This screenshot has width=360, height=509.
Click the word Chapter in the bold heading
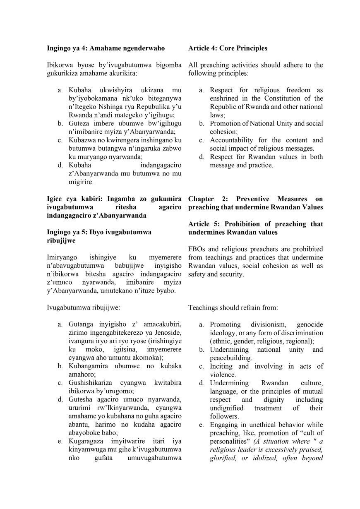(x=201, y=199)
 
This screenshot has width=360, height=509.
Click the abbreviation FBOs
(x=197, y=249)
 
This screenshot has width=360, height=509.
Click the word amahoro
(x=81, y=375)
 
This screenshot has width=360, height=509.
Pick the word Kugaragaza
(x=87, y=442)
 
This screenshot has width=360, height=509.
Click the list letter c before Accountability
(x=201, y=140)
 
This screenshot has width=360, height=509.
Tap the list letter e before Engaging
(x=201, y=425)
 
